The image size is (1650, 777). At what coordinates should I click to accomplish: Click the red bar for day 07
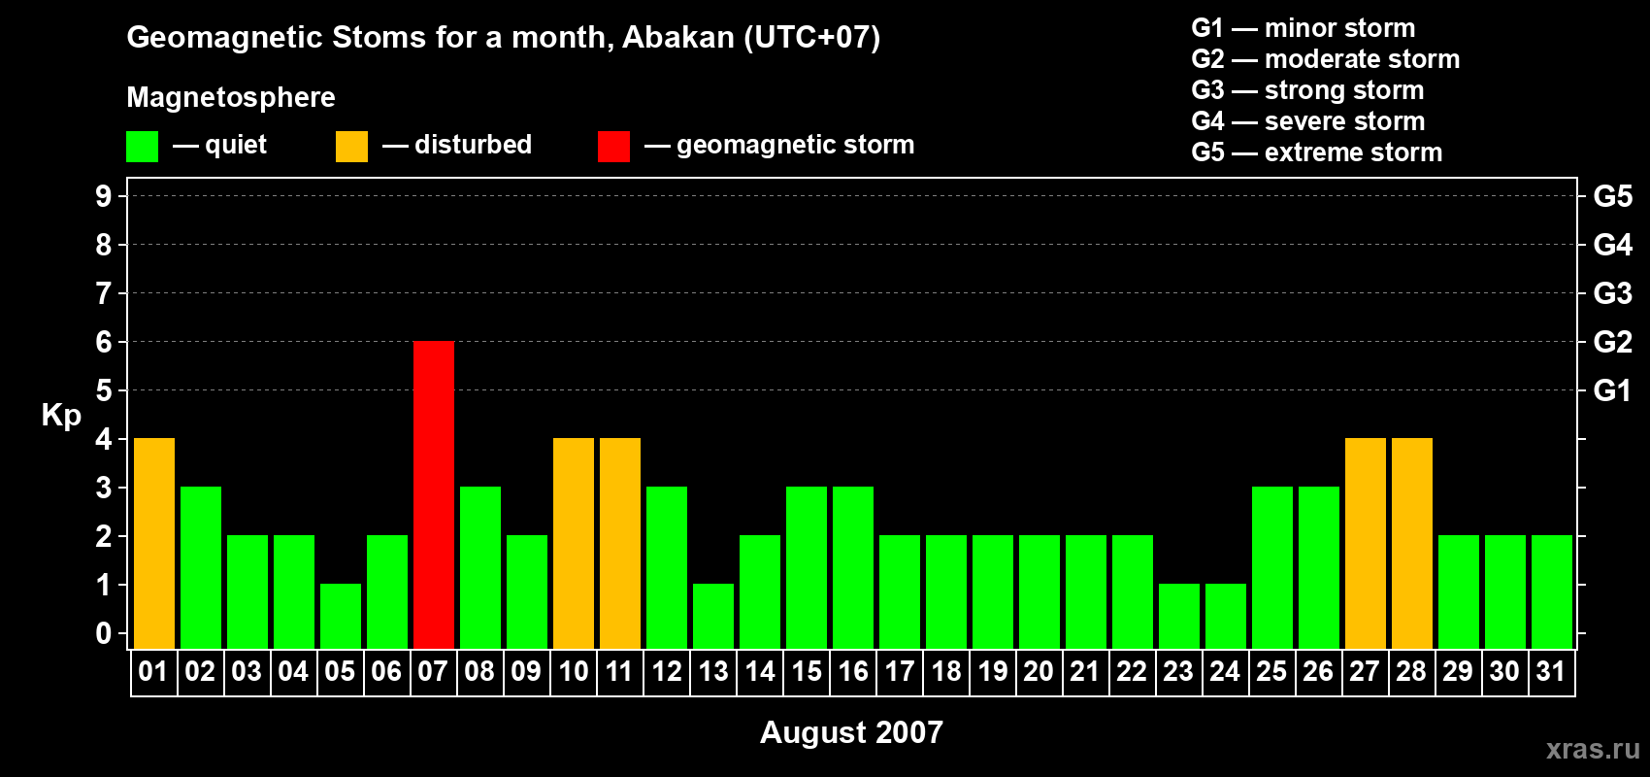[434, 494]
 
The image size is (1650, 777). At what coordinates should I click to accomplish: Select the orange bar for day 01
[154, 543]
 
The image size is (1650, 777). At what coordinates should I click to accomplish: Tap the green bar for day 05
[341, 617]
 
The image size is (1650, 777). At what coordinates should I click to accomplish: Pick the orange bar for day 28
[1412, 543]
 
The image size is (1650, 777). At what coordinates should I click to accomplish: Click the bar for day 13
[713, 617]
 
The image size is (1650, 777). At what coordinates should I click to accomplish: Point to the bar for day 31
[1552, 591]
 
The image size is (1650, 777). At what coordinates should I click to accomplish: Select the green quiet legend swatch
[142, 146]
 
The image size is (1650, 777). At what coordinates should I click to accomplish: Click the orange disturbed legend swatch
[351, 146]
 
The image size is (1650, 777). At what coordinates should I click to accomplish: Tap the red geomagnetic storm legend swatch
[613, 146]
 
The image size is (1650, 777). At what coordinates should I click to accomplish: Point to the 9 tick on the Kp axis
[103, 196]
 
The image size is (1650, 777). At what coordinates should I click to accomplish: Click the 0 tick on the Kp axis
[103, 633]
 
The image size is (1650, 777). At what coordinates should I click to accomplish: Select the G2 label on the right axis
[1613, 342]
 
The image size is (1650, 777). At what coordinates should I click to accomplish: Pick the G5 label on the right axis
[1613, 196]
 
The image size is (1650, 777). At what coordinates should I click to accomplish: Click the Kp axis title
[61, 416]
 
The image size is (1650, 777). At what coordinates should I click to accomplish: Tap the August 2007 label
[851, 732]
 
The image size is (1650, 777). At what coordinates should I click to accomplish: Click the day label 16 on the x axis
[853, 671]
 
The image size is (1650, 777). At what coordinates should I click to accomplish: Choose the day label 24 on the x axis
[1225, 671]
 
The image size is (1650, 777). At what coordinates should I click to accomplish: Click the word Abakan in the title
[678, 37]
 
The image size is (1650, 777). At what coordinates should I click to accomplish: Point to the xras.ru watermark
[1593, 749]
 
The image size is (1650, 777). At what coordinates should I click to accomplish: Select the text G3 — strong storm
[1307, 90]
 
